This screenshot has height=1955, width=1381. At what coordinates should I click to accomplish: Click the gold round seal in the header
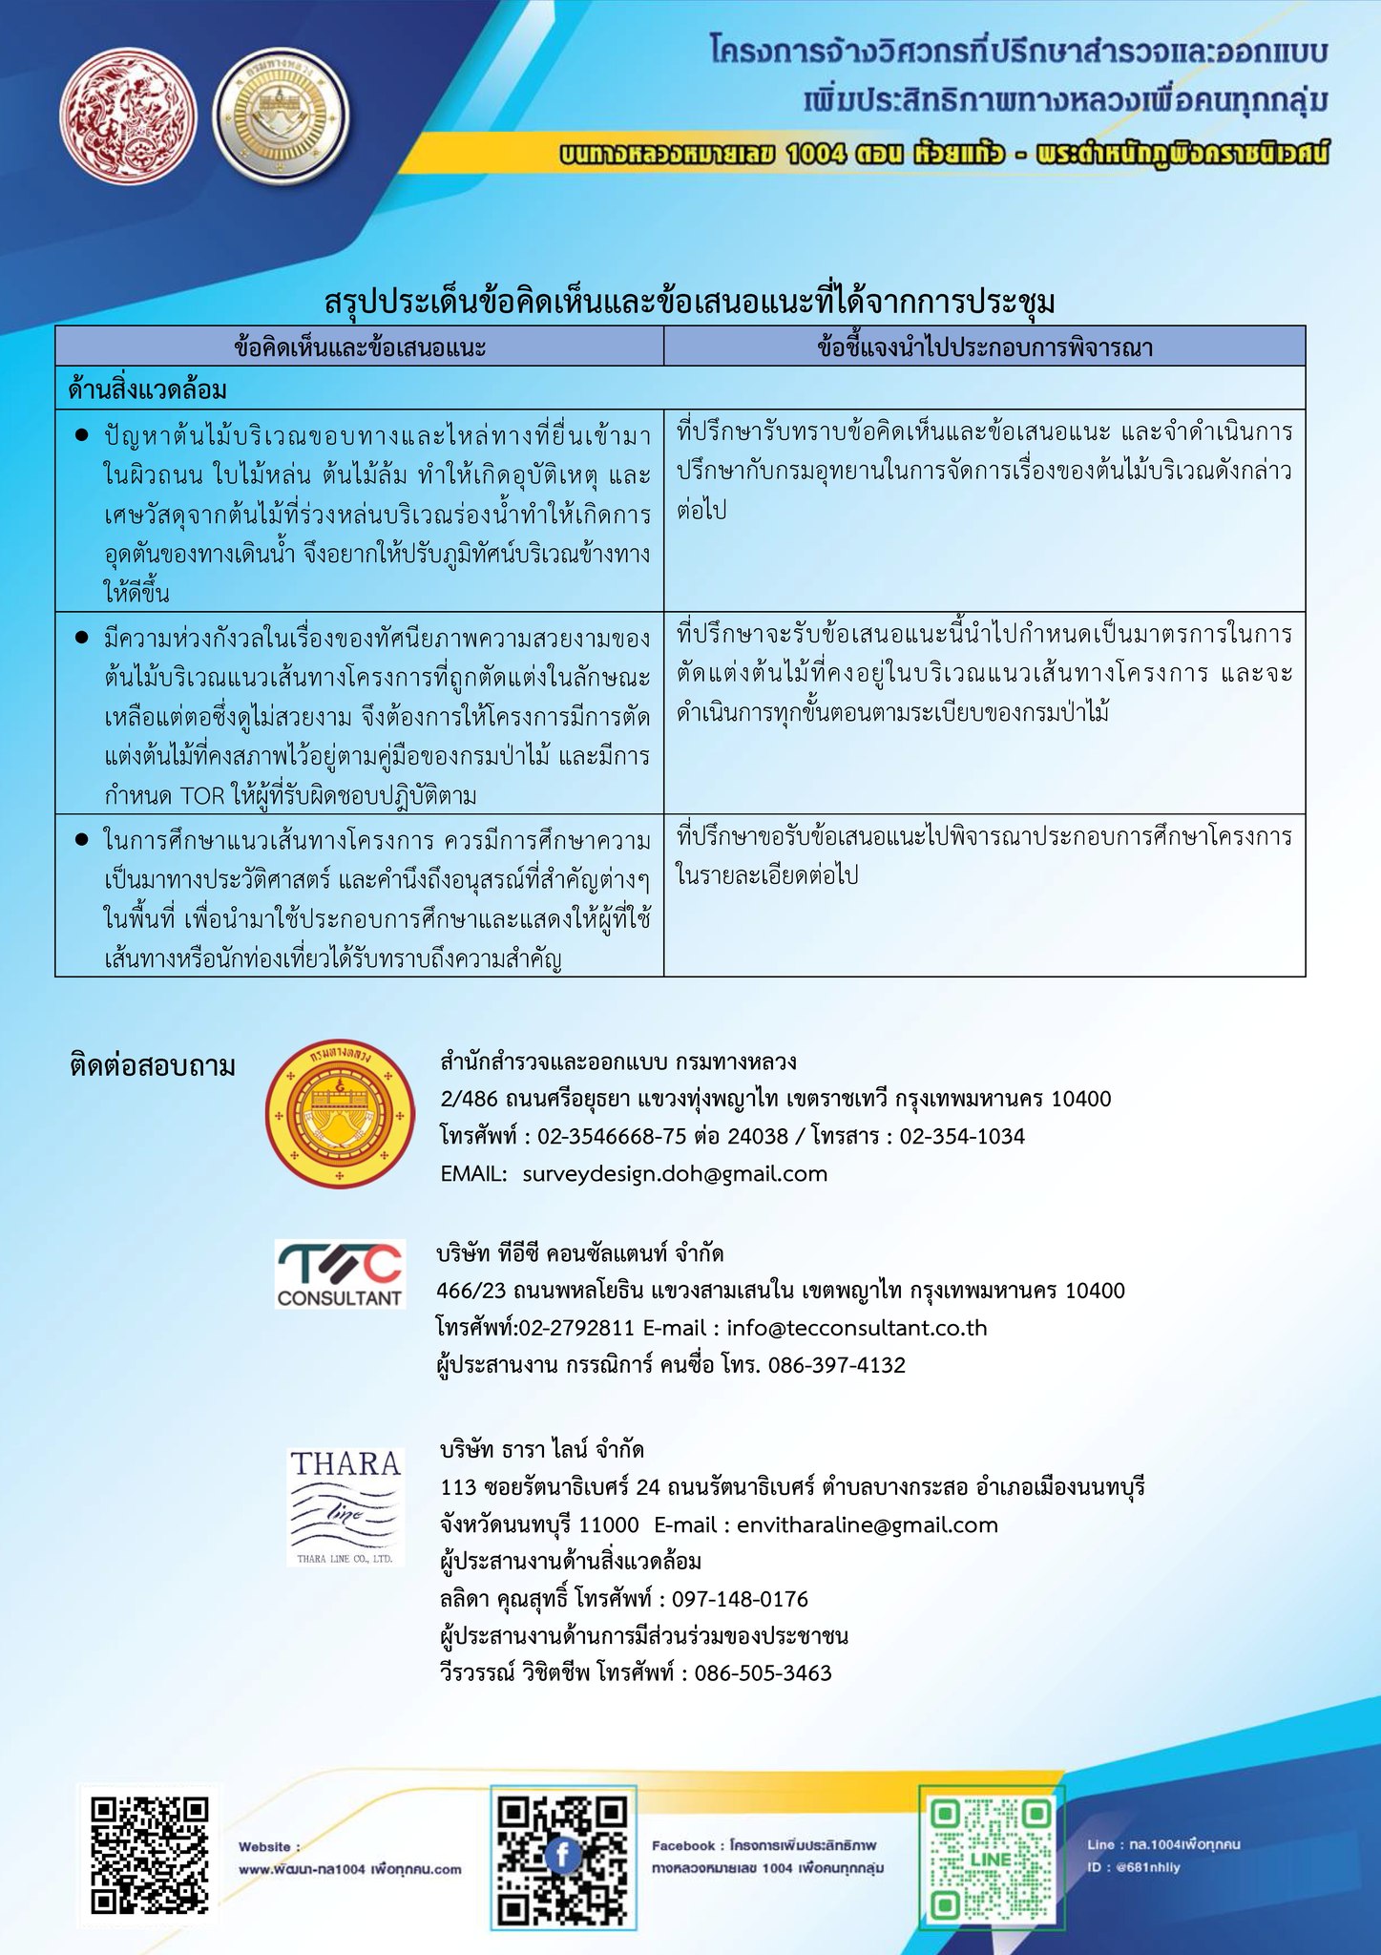tap(282, 127)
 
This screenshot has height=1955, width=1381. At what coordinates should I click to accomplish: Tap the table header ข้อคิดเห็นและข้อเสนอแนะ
tap(360, 347)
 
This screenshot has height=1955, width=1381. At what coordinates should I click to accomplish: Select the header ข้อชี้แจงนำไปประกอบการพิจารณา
tap(984, 347)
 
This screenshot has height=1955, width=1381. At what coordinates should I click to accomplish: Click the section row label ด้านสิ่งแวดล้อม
tap(148, 389)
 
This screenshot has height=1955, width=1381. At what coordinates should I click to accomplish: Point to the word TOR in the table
tap(200, 796)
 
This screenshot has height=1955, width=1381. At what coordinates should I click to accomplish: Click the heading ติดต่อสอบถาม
tap(153, 1065)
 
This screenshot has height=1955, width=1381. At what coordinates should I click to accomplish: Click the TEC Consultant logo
tap(340, 1274)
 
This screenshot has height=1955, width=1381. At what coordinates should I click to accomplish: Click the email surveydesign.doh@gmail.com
tap(675, 1174)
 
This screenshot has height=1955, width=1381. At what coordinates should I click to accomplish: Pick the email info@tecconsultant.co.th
tap(856, 1328)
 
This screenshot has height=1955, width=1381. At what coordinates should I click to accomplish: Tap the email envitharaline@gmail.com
tap(867, 1525)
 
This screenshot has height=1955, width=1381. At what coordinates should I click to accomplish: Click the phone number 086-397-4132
tap(836, 1365)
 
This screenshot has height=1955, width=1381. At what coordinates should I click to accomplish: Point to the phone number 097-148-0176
tap(740, 1599)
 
